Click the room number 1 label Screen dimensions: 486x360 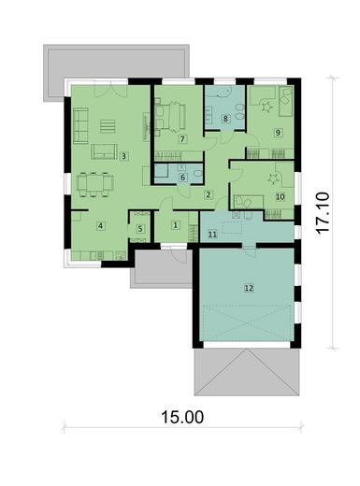[175, 225]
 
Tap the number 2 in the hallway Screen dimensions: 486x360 [209, 194]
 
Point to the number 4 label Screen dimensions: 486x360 [100, 225]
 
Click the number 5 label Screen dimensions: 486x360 [140, 227]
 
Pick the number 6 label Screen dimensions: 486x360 [183, 176]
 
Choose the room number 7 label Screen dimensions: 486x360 [182, 138]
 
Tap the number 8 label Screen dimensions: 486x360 [225, 119]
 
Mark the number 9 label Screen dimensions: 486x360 [278, 133]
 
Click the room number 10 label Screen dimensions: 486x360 [280, 196]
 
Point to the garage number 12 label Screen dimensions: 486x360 [248, 289]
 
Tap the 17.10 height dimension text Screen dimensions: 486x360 [323, 213]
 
